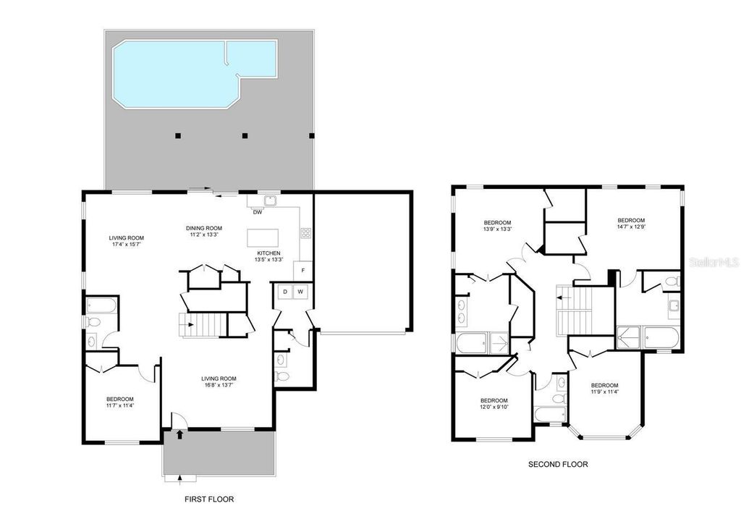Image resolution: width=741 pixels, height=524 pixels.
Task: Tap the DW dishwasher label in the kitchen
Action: click(x=258, y=212)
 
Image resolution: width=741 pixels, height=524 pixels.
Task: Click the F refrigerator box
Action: click(x=302, y=270)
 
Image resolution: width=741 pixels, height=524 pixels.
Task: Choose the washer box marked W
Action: click(x=300, y=292)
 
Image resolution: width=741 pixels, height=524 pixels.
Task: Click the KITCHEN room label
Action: click(x=268, y=253)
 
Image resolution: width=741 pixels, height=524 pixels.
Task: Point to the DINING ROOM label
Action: click(x=203, y=227)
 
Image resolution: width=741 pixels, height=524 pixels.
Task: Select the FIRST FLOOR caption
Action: click(x=209, y=499)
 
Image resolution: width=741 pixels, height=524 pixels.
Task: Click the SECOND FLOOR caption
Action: click(x=558, y=465)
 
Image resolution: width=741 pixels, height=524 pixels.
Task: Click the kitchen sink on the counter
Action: click(x=270, y=200)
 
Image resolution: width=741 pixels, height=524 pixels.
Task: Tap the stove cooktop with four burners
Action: click(x=305, y=233)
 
